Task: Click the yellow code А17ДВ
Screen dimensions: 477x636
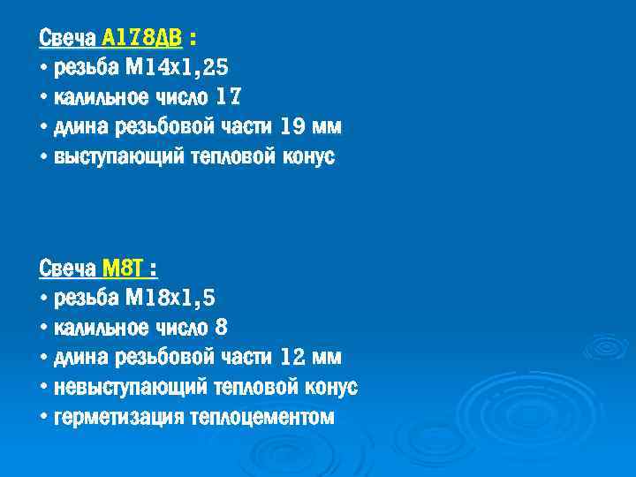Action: click(x=142, y=38)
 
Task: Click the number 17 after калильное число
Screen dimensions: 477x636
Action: click(x=227, y=98)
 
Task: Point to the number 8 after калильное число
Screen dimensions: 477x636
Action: click(x=221, y=328)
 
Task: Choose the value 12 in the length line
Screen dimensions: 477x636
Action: click(x=291, y=358)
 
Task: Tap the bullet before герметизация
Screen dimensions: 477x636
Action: click(x=44, y=418)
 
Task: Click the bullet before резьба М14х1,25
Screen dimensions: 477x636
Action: click(x=44, y=68)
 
